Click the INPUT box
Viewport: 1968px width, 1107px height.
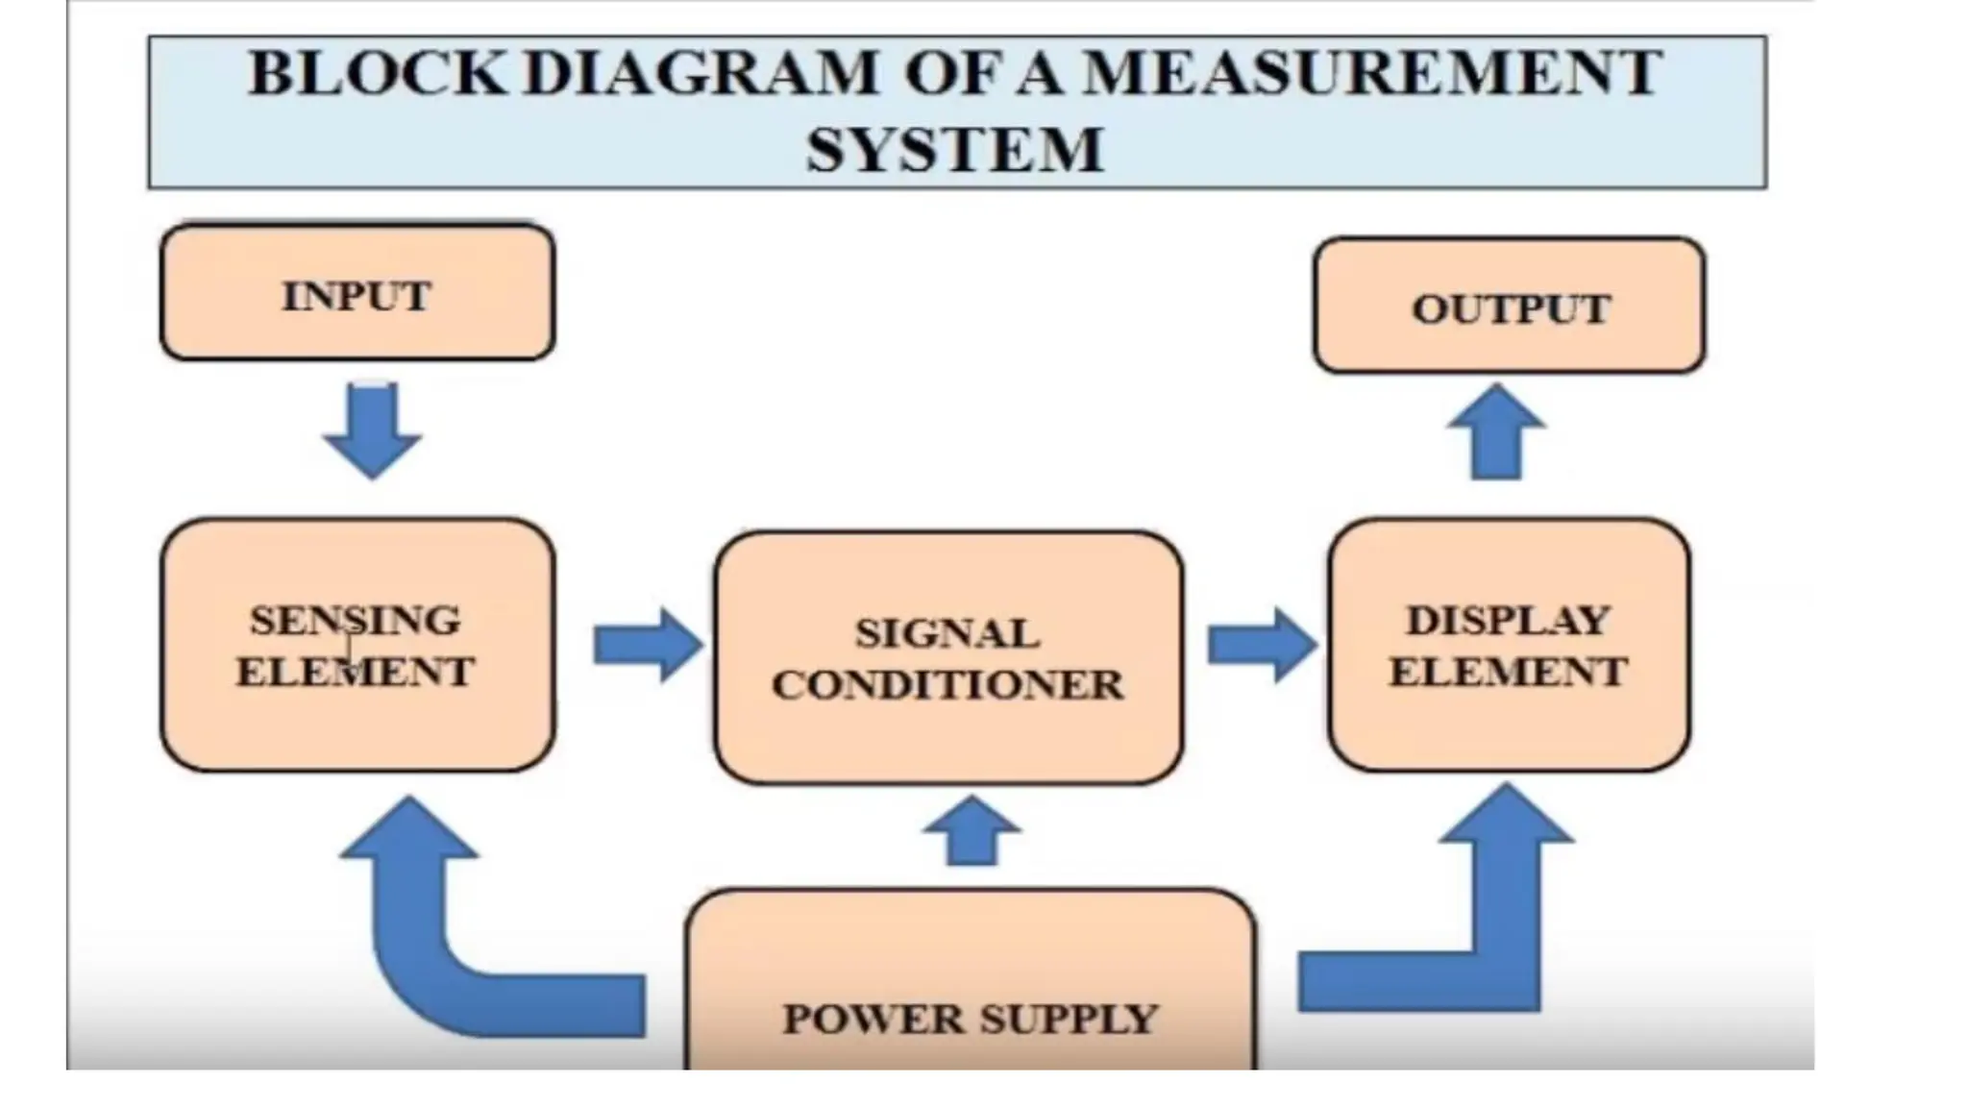[357, 292]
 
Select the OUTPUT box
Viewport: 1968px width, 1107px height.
[1510, 306]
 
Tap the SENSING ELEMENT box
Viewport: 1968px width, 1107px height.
[357, 645]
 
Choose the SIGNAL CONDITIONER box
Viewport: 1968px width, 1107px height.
[948, 658]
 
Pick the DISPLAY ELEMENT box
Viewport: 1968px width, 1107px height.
[1509, 645]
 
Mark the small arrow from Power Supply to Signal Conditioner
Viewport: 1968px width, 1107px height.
[972, 831]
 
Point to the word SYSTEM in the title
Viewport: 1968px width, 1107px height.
[955, 150]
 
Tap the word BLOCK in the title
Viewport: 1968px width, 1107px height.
[377, 73]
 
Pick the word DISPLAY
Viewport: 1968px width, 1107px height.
[1509, 620]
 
